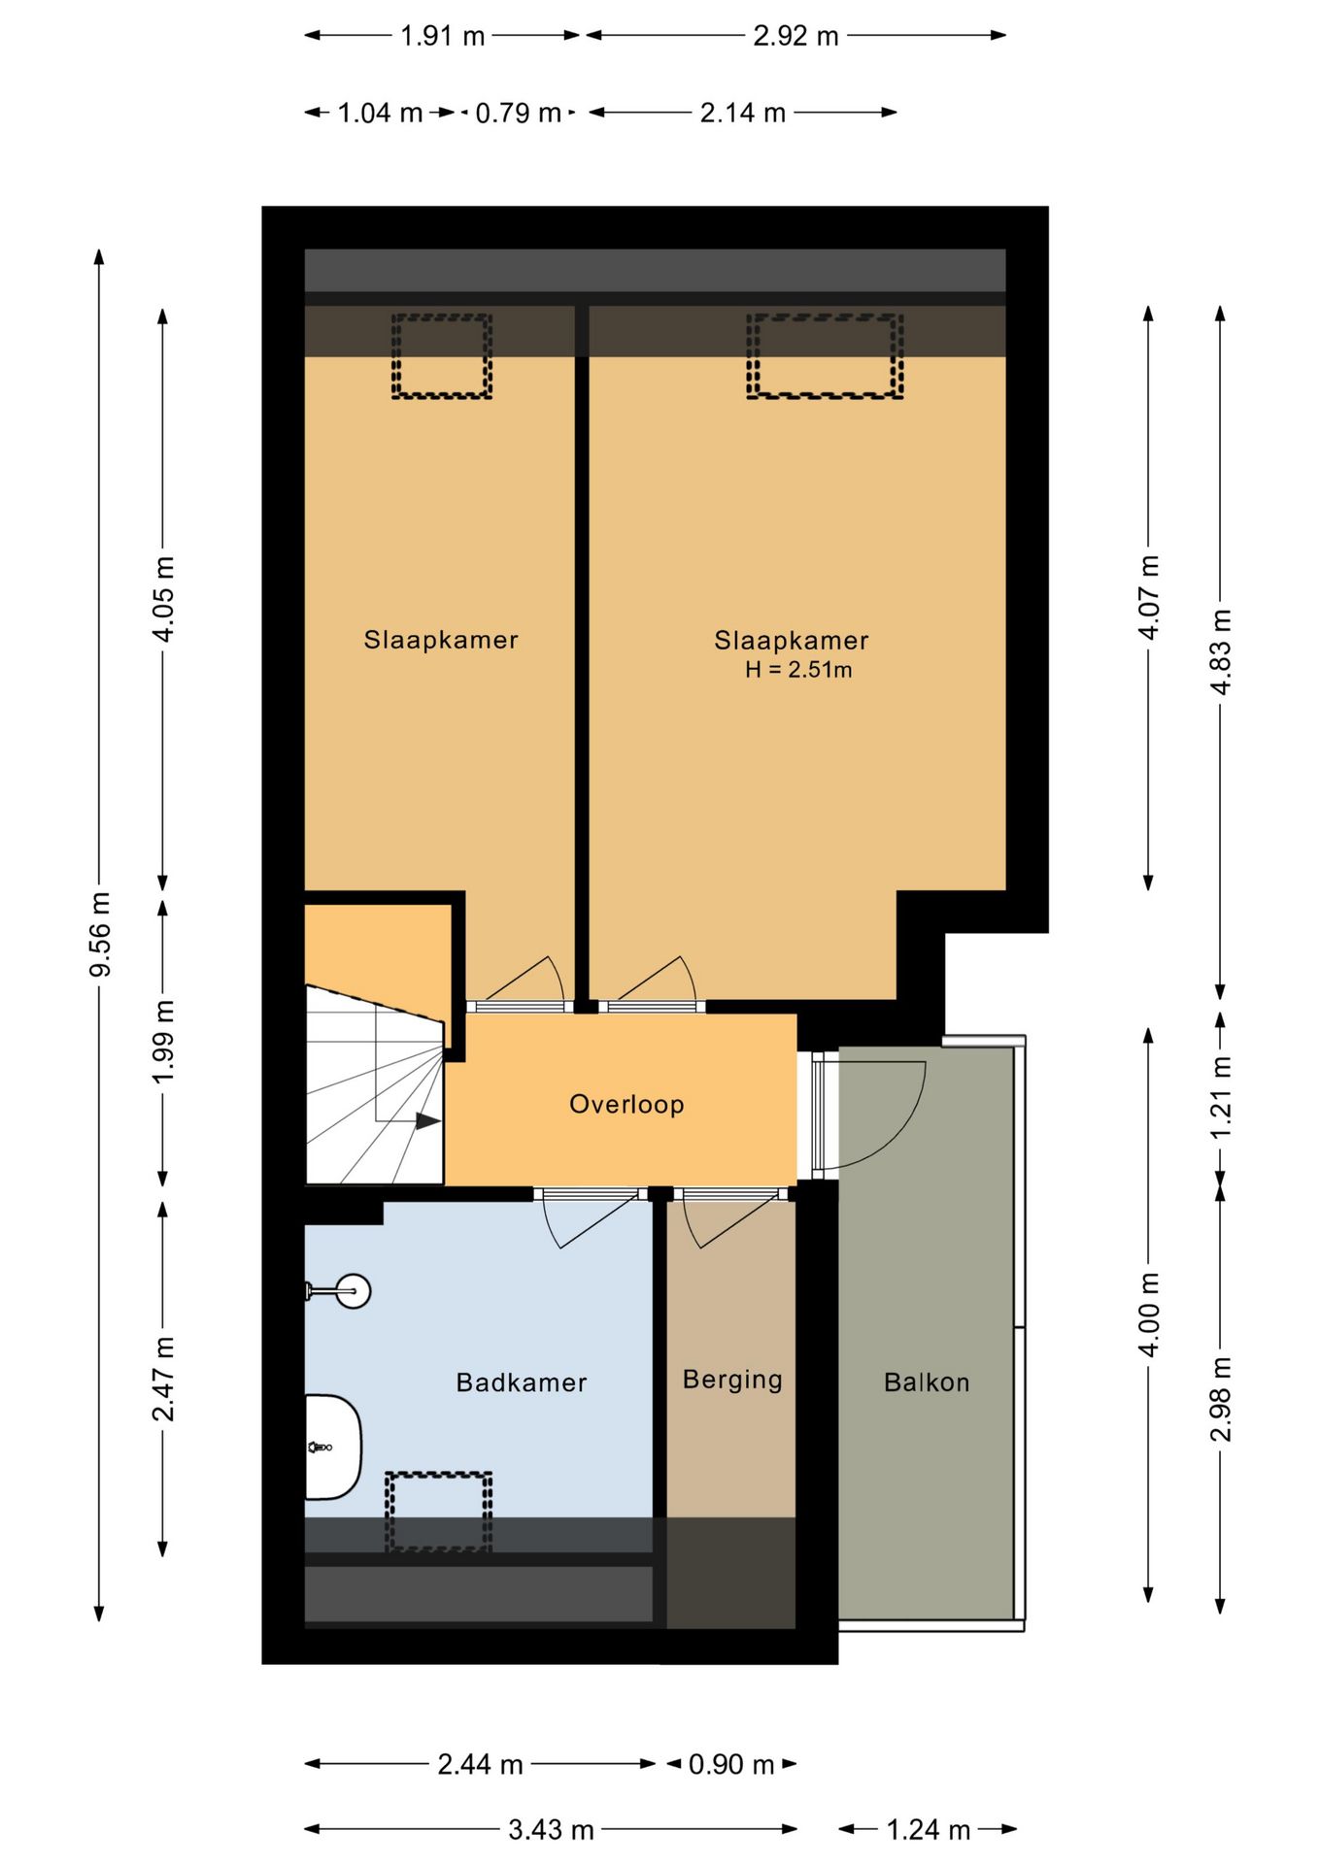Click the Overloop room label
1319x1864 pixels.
pyautogui.click(x=626, y=1105)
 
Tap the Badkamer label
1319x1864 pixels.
pyautogui.click(x=522, y=1382)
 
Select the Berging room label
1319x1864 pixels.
pyautogui.click(x=732, y=1380)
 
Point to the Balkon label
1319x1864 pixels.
pyautogui.click(x=927, y=1382)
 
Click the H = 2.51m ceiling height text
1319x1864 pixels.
pyautogui.click(x=798, y=670)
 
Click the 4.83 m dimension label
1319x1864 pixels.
pyautogui.click(x=1221, y=652)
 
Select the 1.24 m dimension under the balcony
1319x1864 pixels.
pyautogui.click(x=929, y=1830)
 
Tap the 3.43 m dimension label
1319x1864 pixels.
pyautogui.click(x=551, y=1830)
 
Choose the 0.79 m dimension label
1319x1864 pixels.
pyautogui.click(x=519, y=114)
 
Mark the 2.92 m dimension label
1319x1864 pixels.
pyautogui.click(x=795, y=36)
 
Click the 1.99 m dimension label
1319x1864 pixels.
pyautogui.click(x=163, y=1041)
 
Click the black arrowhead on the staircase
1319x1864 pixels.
pyautogui.click(x=428, y=1121)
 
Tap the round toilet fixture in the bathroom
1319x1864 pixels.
pyautogui.click(x=339, y=1291)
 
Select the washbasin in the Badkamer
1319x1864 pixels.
pyautogui.click(x=333, y=1448)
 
